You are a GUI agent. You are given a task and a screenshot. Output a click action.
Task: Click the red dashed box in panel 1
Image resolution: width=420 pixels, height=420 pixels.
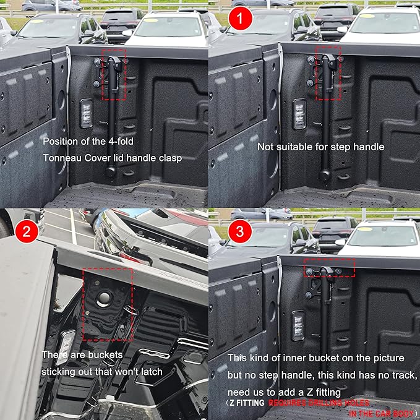pos(328,72)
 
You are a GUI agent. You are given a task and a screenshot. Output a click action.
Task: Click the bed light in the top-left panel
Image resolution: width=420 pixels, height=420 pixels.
pos(87,113)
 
